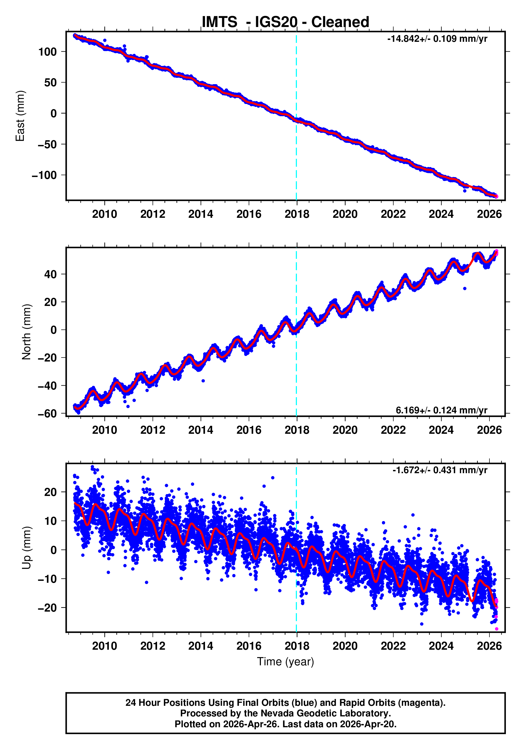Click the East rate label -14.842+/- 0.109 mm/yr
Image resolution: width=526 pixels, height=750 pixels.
click(x=437, y=39)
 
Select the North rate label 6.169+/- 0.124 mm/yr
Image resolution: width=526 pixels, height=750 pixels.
click(x=441, y=410)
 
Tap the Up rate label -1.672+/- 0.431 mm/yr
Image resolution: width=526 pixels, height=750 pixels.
click(x=440, y=470)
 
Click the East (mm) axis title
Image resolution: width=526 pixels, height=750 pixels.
click(x=20, y=116)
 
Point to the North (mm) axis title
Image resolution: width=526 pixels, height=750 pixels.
click(x=26, y=332)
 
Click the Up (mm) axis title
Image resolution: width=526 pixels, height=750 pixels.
click(x=26, y=548)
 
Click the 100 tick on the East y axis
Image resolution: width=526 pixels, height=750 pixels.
click(x=47, y=52)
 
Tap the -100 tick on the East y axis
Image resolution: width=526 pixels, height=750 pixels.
click(x=44, y=175)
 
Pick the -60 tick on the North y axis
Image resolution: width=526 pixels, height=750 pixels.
click(x=47, y=414)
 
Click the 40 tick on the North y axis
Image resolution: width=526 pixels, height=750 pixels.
click(x=50, y=274)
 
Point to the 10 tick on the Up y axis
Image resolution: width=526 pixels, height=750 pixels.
click(x=50, y=521)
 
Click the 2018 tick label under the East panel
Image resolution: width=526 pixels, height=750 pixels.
click(x=297, y=214)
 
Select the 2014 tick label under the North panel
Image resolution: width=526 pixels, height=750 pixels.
click(x=200, y=430)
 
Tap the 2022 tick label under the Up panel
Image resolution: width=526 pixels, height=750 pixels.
click(x=393, y=646)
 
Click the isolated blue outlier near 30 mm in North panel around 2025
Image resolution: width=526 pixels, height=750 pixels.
click(x=465, y=288)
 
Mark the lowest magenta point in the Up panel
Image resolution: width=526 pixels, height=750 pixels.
click(x=496, y=629)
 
